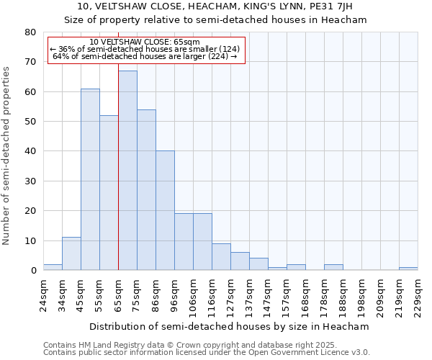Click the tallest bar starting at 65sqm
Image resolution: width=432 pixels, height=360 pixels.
point(127,171)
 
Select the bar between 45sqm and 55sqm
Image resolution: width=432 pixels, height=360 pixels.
point(90,180)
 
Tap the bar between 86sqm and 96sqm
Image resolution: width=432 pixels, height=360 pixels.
point(165,210)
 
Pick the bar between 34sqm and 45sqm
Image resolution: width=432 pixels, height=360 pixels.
point(71,254)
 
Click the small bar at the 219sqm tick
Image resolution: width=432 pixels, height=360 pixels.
point(408,269)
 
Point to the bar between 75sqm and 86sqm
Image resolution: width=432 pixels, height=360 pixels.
point(146,190)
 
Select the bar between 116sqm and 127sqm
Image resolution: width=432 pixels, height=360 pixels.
point(221,257)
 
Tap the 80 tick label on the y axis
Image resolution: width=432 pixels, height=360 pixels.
point(30,32)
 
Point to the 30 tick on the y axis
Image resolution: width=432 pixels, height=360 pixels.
point(30,181)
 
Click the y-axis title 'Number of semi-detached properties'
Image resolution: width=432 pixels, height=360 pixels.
point(6,156)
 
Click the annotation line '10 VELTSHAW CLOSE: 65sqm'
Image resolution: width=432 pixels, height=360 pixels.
point(145,42)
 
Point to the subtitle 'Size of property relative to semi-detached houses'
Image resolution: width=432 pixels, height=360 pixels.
point(215,20)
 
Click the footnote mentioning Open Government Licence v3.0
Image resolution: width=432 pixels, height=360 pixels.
point(207,353)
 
